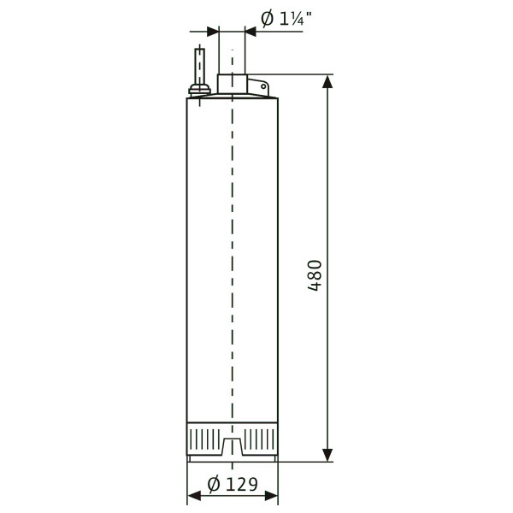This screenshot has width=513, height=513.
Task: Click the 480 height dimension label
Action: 315,275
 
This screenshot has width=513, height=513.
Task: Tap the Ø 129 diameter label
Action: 233,484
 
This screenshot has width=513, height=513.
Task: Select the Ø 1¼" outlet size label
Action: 286,19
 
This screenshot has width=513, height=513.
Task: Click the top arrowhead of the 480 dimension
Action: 327,81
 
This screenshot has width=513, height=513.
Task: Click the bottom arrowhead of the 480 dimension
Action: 327,455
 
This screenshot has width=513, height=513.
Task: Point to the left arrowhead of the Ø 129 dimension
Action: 194,496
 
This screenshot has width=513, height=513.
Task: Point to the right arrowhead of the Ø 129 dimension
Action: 271,496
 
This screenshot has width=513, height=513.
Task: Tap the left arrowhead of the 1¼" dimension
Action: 213,32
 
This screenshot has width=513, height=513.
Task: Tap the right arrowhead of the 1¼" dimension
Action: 251,32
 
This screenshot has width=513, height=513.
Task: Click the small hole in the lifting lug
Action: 263,86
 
